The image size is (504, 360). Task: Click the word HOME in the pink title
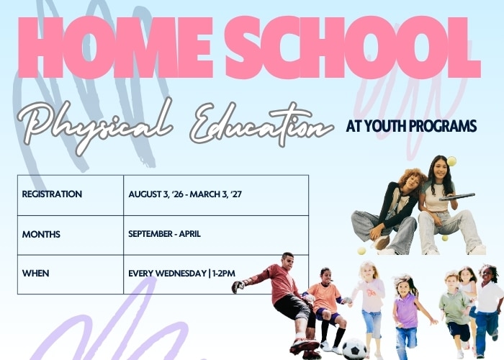116,48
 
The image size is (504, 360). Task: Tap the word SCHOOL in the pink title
354,48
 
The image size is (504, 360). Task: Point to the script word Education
261,124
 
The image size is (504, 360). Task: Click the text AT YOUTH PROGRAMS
411,126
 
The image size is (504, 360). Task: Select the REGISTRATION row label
52,194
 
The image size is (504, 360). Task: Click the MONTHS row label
41,234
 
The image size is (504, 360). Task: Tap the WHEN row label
36,273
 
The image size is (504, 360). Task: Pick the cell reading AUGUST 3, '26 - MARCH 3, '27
185,194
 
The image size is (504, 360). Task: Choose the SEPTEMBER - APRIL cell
164,234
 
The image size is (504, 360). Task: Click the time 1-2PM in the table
224,273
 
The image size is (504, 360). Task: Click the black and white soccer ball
354,349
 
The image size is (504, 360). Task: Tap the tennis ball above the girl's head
451,161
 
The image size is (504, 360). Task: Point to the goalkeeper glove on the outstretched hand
238,286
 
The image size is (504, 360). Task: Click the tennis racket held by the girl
457,197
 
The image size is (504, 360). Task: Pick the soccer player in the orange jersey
326,309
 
